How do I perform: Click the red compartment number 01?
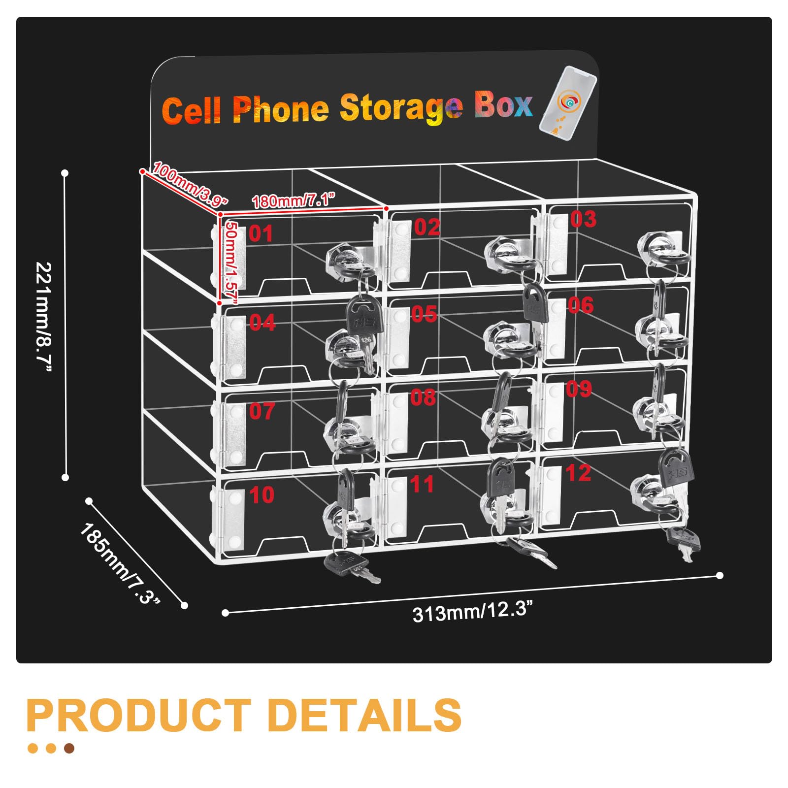pyautogui.click(x=261, y=233)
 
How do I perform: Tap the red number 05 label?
pyautogui.click(x=424, y=314)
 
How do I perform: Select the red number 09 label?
pyautogui.click(x=579, y=389)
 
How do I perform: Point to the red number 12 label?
pyautogui.click(x=578, y=473)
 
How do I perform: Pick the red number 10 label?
pyautogui.click(x=262, y=495)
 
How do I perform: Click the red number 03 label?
pyautogui.click(x=583, y=219)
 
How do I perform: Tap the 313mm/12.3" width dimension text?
pyautogui.click(x=472, y=612)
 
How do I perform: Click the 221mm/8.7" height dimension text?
pyautogui.click(x=44, y=318)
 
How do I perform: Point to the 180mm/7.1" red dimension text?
pyautogui.click(x=294, y=201)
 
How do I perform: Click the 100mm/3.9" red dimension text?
pyautogui.click(x=190, y=183)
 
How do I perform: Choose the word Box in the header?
pyautogui.click(x=503, y=105)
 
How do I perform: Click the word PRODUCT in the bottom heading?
pyautogui.click(x=138, y=715)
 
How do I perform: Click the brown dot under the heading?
pyautogui.click(x=69, y=749)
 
